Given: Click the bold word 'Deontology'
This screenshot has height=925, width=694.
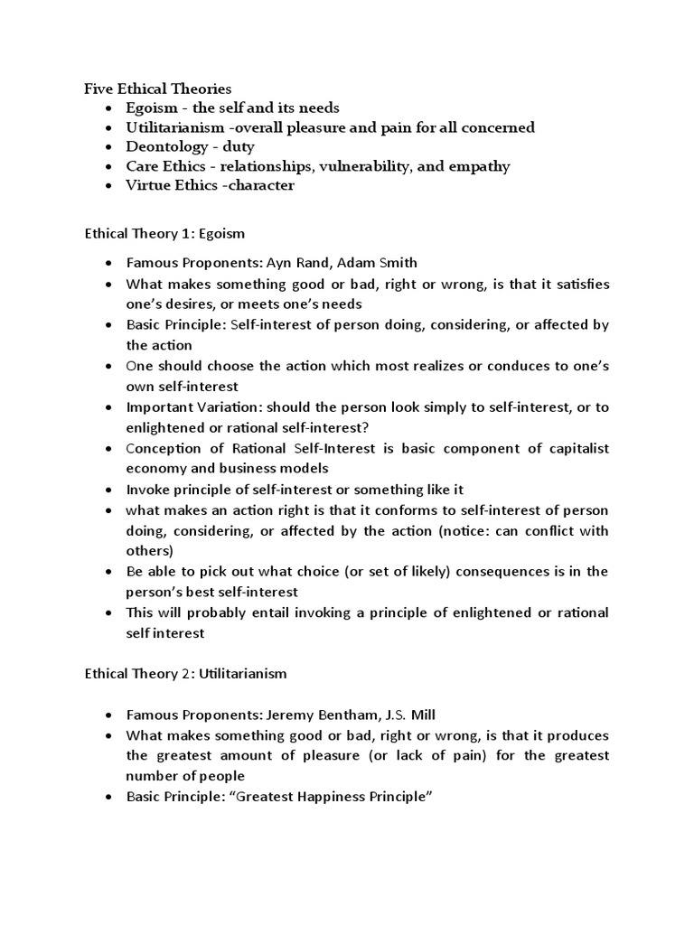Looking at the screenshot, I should tap(164, 146).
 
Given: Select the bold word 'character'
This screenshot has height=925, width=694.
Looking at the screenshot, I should tap(257, 185).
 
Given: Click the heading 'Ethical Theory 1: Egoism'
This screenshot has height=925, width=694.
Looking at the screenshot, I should tap(164, 233).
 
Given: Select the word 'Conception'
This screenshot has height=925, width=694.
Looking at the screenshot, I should tap(163, 448).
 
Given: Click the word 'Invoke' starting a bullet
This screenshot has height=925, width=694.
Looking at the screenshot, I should tap(147, 489).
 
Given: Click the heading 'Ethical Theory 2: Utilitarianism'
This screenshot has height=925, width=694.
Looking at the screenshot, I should tap(187, 673).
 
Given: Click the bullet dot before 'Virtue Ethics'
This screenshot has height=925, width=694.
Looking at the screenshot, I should tap(108, 186).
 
